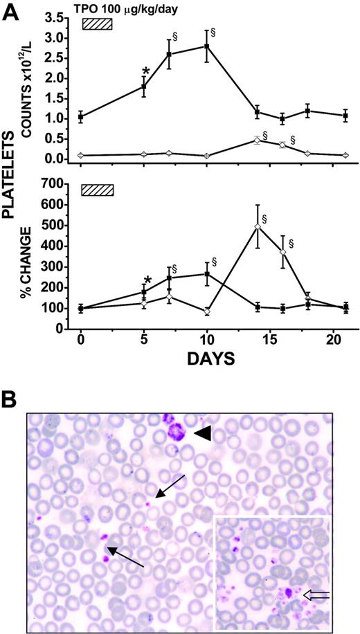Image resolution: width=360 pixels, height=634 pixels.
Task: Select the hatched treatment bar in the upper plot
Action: [97, 24]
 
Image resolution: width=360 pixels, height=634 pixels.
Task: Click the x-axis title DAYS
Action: [208, 359]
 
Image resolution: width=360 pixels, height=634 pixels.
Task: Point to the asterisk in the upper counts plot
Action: [146, 71]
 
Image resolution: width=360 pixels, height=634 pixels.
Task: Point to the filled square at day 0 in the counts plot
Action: [81, 117]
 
